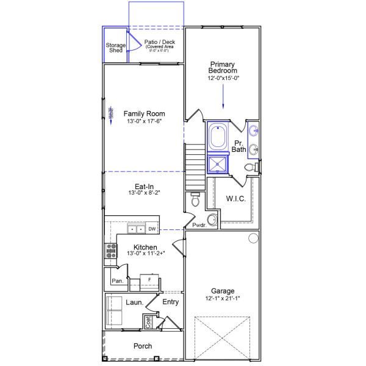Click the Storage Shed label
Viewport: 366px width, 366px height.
[116, 48]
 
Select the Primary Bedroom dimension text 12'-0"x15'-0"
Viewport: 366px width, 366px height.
[223, 77]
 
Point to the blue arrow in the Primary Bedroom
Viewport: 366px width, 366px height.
[223, 95]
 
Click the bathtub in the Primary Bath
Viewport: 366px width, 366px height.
[218, 137]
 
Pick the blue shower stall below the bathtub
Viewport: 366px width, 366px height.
[217, 164]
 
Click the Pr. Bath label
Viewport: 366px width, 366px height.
[240, 146]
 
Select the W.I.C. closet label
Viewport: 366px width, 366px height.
[235, 198]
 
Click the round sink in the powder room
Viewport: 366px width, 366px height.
[212, 220]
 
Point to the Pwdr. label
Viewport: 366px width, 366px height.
[199, 225]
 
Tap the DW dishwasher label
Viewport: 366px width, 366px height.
[152, 229]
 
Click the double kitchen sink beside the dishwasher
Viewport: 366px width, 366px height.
[135, 229]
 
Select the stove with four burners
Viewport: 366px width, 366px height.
[111, 251]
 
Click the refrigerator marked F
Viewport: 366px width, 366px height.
[149, 279]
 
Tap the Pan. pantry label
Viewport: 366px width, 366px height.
[117, 281]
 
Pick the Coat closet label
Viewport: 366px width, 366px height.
[148, 320]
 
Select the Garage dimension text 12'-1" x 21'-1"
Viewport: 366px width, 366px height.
[223, 299]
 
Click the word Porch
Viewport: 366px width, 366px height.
[143, 346]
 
